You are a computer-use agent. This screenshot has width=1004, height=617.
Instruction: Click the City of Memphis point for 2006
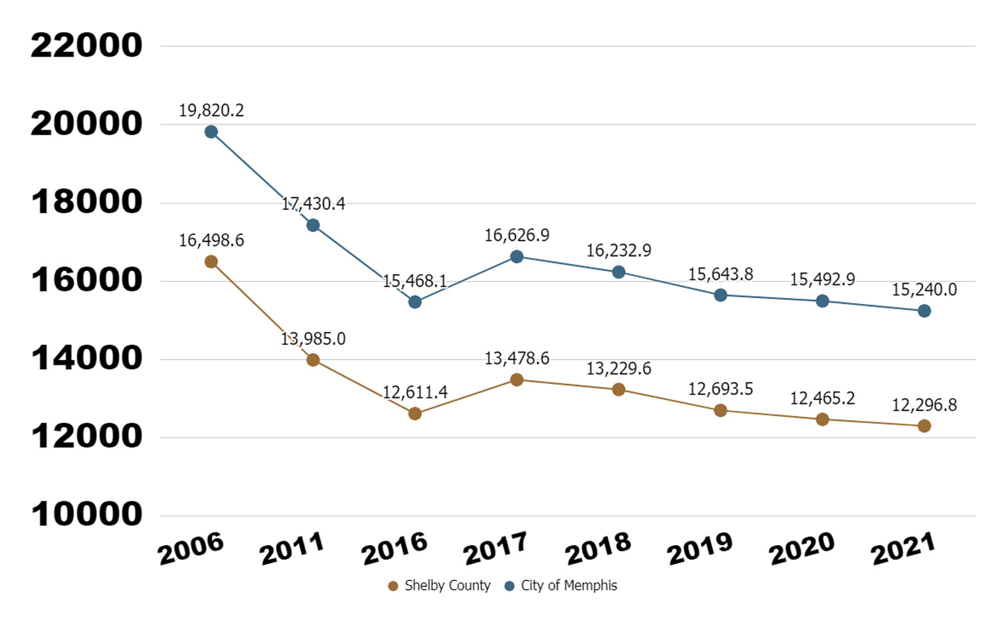click(211, 132)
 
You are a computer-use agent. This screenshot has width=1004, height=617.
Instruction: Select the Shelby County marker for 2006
click(211, 261)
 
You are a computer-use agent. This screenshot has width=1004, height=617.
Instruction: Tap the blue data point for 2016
click(415, 302)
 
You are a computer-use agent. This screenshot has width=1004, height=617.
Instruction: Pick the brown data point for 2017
click(517, 379)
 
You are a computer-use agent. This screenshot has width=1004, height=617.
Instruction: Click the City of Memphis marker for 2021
click(924, 311)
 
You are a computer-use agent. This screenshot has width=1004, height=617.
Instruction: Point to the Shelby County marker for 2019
click(720, 410)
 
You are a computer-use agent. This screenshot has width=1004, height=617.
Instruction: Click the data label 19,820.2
click(211, 110)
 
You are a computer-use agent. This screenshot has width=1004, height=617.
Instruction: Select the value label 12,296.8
click(924, 405)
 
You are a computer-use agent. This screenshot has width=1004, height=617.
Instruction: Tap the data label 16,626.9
click(517, 236)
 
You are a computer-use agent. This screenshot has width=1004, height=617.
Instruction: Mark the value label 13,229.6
click(618, 369)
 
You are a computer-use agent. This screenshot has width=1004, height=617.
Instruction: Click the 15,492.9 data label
click(822, 279)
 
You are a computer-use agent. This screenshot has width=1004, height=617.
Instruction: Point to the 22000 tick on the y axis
click(87, 46)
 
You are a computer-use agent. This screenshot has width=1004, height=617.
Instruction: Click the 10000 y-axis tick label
click(87, 514)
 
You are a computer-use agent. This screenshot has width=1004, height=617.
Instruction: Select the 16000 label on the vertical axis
click(87, 280)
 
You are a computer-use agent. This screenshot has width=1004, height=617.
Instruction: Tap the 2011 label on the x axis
click(291, 549)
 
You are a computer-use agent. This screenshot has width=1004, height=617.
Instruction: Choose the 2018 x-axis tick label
click(598, 549)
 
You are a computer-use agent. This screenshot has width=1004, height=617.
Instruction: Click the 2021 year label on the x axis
click(903, 549)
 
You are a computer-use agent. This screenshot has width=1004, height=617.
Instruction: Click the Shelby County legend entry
click(440, 586)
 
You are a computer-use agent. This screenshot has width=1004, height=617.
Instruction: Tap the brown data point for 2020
click(822, 419)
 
